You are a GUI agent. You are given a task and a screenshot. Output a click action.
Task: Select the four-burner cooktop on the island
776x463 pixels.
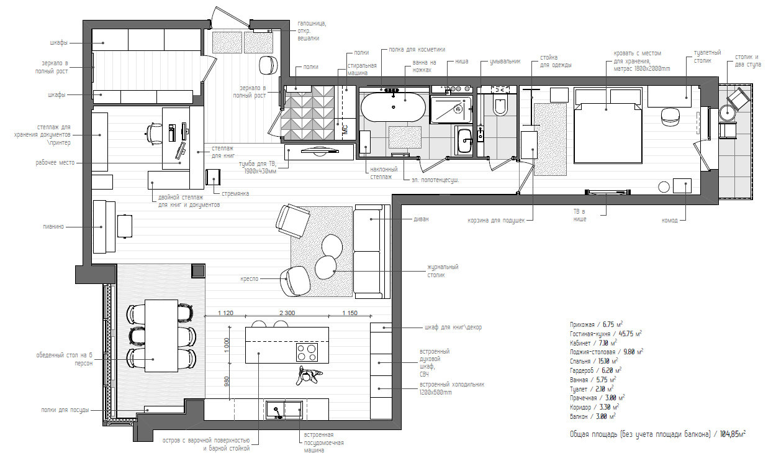(307, 352)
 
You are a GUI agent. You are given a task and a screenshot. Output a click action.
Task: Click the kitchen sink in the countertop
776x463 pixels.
(284, 410)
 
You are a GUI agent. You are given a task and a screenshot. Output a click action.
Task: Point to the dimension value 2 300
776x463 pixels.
(287, 313)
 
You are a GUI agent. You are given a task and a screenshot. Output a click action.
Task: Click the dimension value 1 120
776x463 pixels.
(225, 313)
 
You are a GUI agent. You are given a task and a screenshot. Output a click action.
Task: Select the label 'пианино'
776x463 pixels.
(53, 227)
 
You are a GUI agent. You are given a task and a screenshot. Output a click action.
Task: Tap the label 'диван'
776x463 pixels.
(421, 219)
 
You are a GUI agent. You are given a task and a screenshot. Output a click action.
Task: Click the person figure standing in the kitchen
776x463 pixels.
(309, 375)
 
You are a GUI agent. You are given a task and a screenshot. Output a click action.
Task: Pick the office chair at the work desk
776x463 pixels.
(154, 133)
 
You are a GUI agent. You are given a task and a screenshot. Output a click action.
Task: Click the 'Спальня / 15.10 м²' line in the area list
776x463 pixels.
(593, 361)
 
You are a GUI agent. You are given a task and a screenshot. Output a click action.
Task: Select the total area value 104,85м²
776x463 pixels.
(733, 434)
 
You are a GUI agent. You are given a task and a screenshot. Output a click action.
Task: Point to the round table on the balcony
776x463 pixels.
(728, 112)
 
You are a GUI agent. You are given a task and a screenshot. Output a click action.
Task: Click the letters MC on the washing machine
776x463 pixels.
(345, 129)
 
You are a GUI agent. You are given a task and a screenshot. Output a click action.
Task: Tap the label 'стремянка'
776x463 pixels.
(235, 193)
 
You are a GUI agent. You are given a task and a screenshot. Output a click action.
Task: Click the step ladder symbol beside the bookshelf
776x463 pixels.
(213, 177)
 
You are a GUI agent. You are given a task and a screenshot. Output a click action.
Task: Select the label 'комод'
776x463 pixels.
(670, 220)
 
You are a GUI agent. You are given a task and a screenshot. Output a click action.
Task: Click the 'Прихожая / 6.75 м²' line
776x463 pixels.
(596, 324)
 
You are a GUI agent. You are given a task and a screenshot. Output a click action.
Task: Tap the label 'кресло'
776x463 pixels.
(250, 279)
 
